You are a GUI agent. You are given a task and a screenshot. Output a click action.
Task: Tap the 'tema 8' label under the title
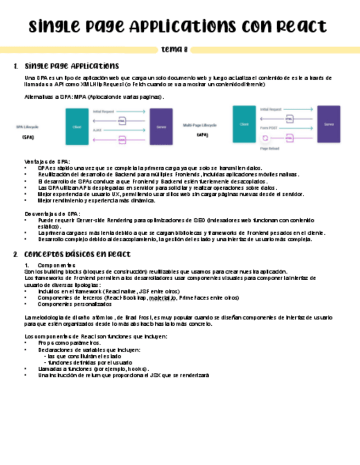[x=174, y=50]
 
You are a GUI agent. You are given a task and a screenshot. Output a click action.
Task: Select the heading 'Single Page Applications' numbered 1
[x=71, y=66]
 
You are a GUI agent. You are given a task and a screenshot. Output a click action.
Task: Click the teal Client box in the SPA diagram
[x=77, y=127]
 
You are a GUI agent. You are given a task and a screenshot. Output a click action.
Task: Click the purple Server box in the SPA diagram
[x=161, y=127]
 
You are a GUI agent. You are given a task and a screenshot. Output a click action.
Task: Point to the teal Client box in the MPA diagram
[x=244, y=124]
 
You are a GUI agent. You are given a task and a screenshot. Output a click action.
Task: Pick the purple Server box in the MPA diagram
[x=329, y=124]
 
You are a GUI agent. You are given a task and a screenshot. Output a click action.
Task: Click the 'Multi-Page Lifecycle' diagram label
[x=200, y=125]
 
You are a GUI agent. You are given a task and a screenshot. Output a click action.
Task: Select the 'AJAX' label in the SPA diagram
[x=97, y=131]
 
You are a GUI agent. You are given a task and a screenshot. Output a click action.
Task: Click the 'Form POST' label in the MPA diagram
[x=268, y=128]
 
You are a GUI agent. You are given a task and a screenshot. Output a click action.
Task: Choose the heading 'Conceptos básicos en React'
[x=77, y=254]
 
